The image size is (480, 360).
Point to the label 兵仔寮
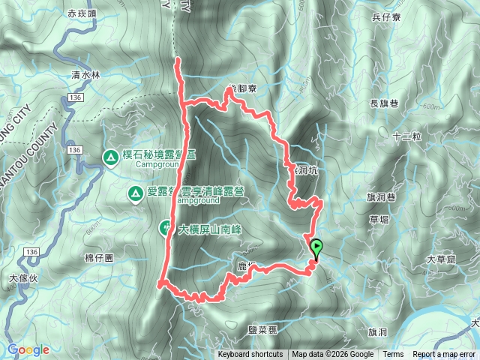click(x=387, y=16)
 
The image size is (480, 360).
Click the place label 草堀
click(x=379, y=221)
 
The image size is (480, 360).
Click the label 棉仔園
click(x=99, y=257)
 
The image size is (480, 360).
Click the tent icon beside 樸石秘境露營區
click(x=109, y=157)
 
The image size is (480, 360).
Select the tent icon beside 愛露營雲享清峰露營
click(x=135, y=194)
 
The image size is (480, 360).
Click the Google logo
click(x=28, y=349)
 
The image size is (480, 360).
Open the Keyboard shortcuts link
click(x=250, y=355)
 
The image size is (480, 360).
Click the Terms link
click(x=393, y=355)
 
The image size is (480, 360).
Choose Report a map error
click(x=445, y=355)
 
